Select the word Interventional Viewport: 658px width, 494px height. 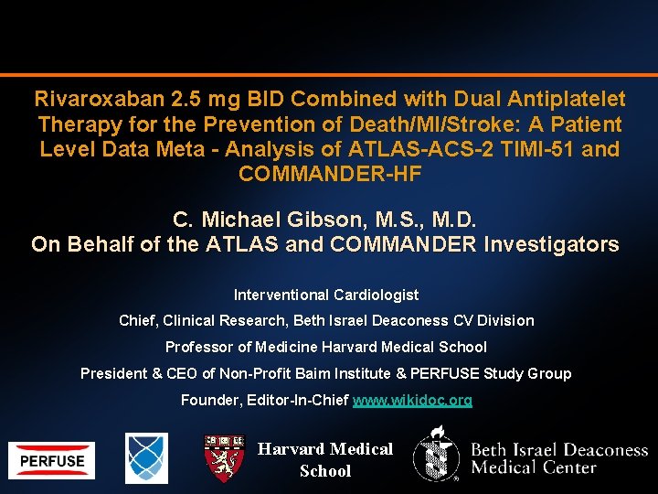280,295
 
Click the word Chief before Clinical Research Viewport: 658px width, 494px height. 137,320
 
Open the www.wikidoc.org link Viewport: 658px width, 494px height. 412,400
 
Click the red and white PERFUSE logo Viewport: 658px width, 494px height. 52,460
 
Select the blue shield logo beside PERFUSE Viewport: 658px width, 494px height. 146,457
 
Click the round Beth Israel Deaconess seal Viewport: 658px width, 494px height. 436,456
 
